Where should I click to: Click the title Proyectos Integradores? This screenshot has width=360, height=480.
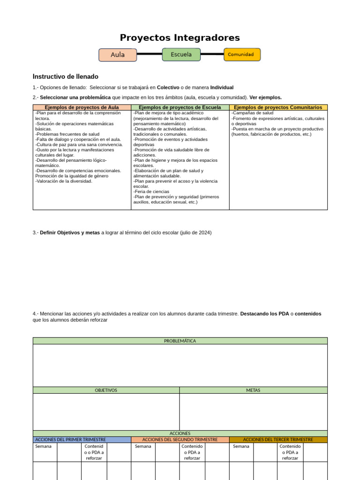pyautogui.click(x=180, y=38)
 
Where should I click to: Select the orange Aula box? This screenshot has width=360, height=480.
pyautogui.click(x=118, y=55)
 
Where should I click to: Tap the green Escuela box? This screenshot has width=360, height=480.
pyautogui.click(x=181, y=54)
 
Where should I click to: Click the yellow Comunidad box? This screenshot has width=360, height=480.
pyautogui.click(x=242, y=54)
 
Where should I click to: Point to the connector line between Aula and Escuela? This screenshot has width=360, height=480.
pyautogui.click(x=150, y=54)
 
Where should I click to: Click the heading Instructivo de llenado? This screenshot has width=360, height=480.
pyautogui.click(x=66, y=76)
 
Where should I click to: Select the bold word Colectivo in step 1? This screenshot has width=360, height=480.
pyautogui.click(x=168, y=88)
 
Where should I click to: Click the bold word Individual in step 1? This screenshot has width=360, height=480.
pyautogui.click(x=222, y=88)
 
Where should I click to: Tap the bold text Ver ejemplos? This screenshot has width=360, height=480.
pyautogui.click(x=265, y=97)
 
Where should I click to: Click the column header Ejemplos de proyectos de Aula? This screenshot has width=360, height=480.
pyautogui.click(x=82, y=107)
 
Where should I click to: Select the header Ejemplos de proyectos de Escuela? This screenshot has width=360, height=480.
pyautogui.click(x=180, y=107)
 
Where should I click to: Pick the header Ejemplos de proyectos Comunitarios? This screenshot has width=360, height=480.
pyautogui.click(x=278, y=107)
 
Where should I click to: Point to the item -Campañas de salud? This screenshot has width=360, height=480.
pyautogui.click(x=252, y=113)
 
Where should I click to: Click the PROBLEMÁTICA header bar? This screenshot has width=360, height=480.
pyautogui.click(x=180, y=341)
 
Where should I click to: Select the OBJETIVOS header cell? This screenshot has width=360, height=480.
pyautogui.click(x=106, y=390)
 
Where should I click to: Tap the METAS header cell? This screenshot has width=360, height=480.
pyautogui.click(x=253, y=390)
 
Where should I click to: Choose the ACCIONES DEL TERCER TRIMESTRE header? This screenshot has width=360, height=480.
pyautogui.click(x=278, y=440)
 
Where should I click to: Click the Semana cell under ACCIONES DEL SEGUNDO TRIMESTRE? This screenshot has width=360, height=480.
pyautogui.click(x=143, y=446)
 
